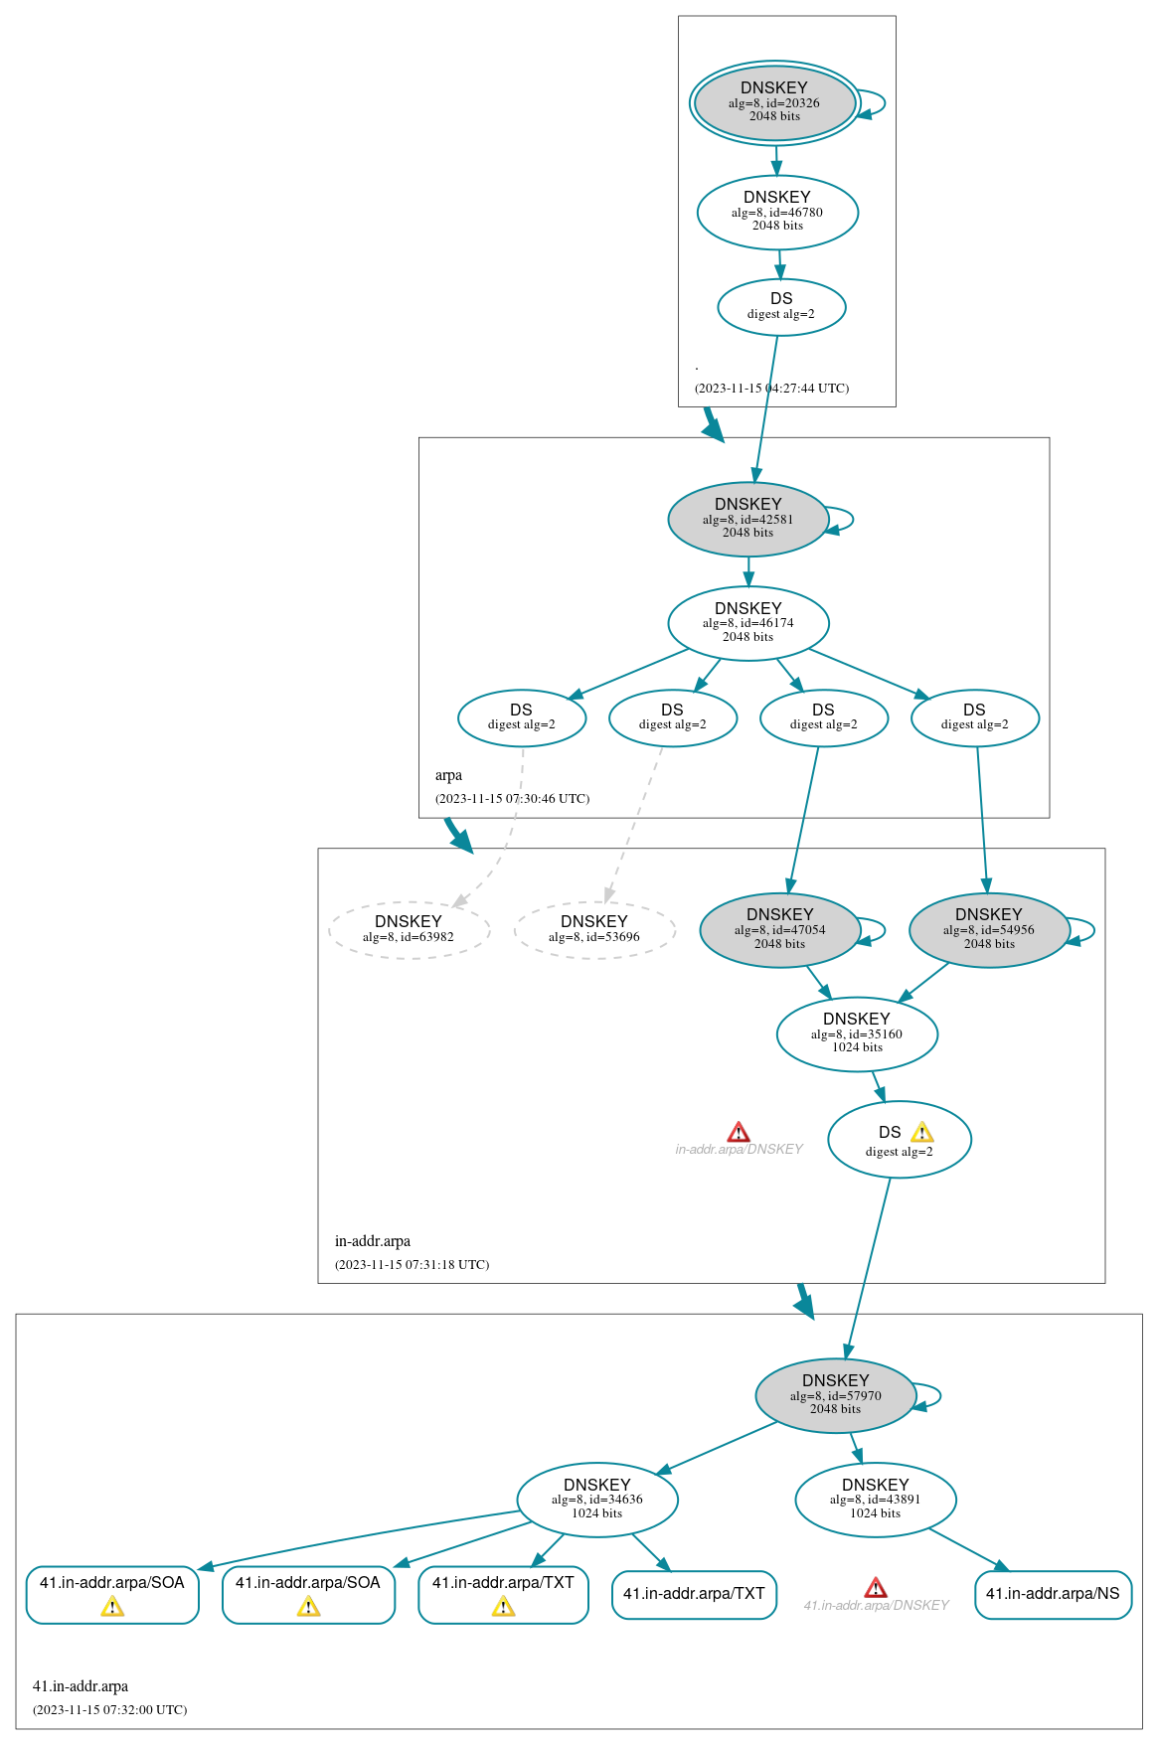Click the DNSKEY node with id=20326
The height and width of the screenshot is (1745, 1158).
click(x=774, y=102)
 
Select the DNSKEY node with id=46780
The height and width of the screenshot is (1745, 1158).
click(x=777, y=212)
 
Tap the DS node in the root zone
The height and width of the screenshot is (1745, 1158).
click(x=781, y=307)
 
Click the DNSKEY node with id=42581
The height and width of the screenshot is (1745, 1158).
click(x=747, y=519)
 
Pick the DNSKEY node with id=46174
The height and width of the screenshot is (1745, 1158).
click(x=747, y=623)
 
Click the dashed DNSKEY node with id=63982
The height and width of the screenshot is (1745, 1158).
click(x=409, y=930)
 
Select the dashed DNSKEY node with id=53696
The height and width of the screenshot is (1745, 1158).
click(x=594, y=930)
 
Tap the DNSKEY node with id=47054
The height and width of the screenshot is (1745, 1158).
click(x=779, y=930)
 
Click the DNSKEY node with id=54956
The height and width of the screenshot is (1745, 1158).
click(x=989, y=930)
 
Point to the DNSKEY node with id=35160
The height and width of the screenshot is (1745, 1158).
click(x=857, y=1034)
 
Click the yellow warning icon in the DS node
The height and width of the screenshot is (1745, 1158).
click(x=922, y=1133)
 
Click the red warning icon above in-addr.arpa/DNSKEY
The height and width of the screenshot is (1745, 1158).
click(x=739, y=1133)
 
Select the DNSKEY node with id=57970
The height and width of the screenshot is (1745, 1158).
click(x=835, y=1395)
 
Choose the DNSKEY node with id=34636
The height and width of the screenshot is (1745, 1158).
click(x=597, y=1500)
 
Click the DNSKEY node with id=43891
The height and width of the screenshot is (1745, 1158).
click(x=876, y=1500)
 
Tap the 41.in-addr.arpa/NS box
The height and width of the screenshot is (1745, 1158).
click(x=1053, y=1594)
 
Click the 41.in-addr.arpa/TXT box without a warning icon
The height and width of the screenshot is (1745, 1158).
click(x=694, y=1594)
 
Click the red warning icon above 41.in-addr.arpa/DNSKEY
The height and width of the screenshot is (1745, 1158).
click(x=876, y=1588)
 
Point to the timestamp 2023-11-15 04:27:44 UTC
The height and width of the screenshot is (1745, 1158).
click(x=771, y=389)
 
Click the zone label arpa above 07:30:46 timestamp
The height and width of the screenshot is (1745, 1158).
click(x=448, y=775)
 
